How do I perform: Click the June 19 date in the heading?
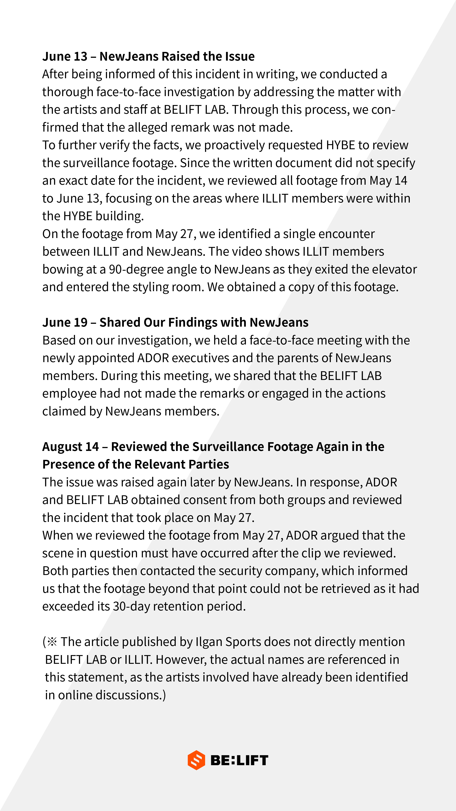pos(65,322)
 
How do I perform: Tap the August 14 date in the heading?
pos(71,447)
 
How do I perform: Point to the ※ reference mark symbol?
pos(52,642)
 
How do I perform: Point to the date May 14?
pos(388,181)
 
